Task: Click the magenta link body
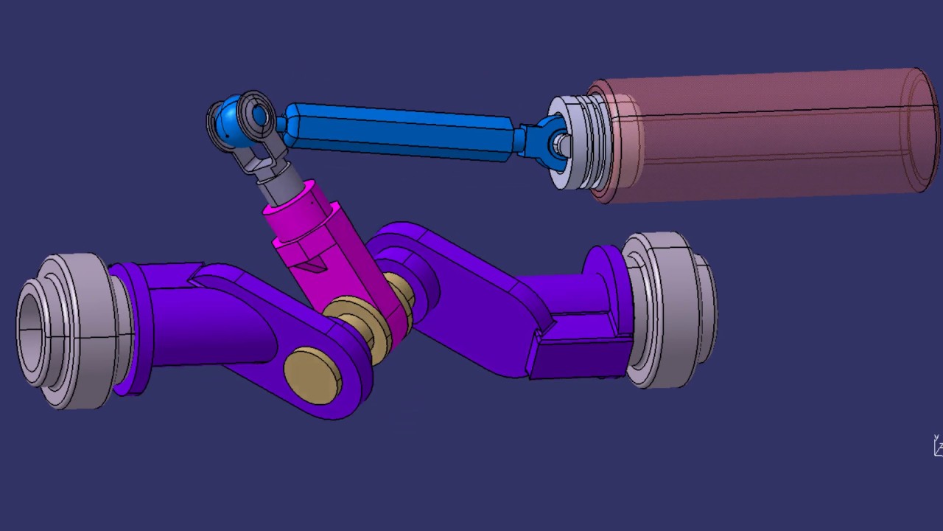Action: (332, 251)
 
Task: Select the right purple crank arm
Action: (471, 295)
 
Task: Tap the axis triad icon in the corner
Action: (938, 445)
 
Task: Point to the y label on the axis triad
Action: (936, 437)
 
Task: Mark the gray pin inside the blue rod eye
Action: (561, 144)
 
